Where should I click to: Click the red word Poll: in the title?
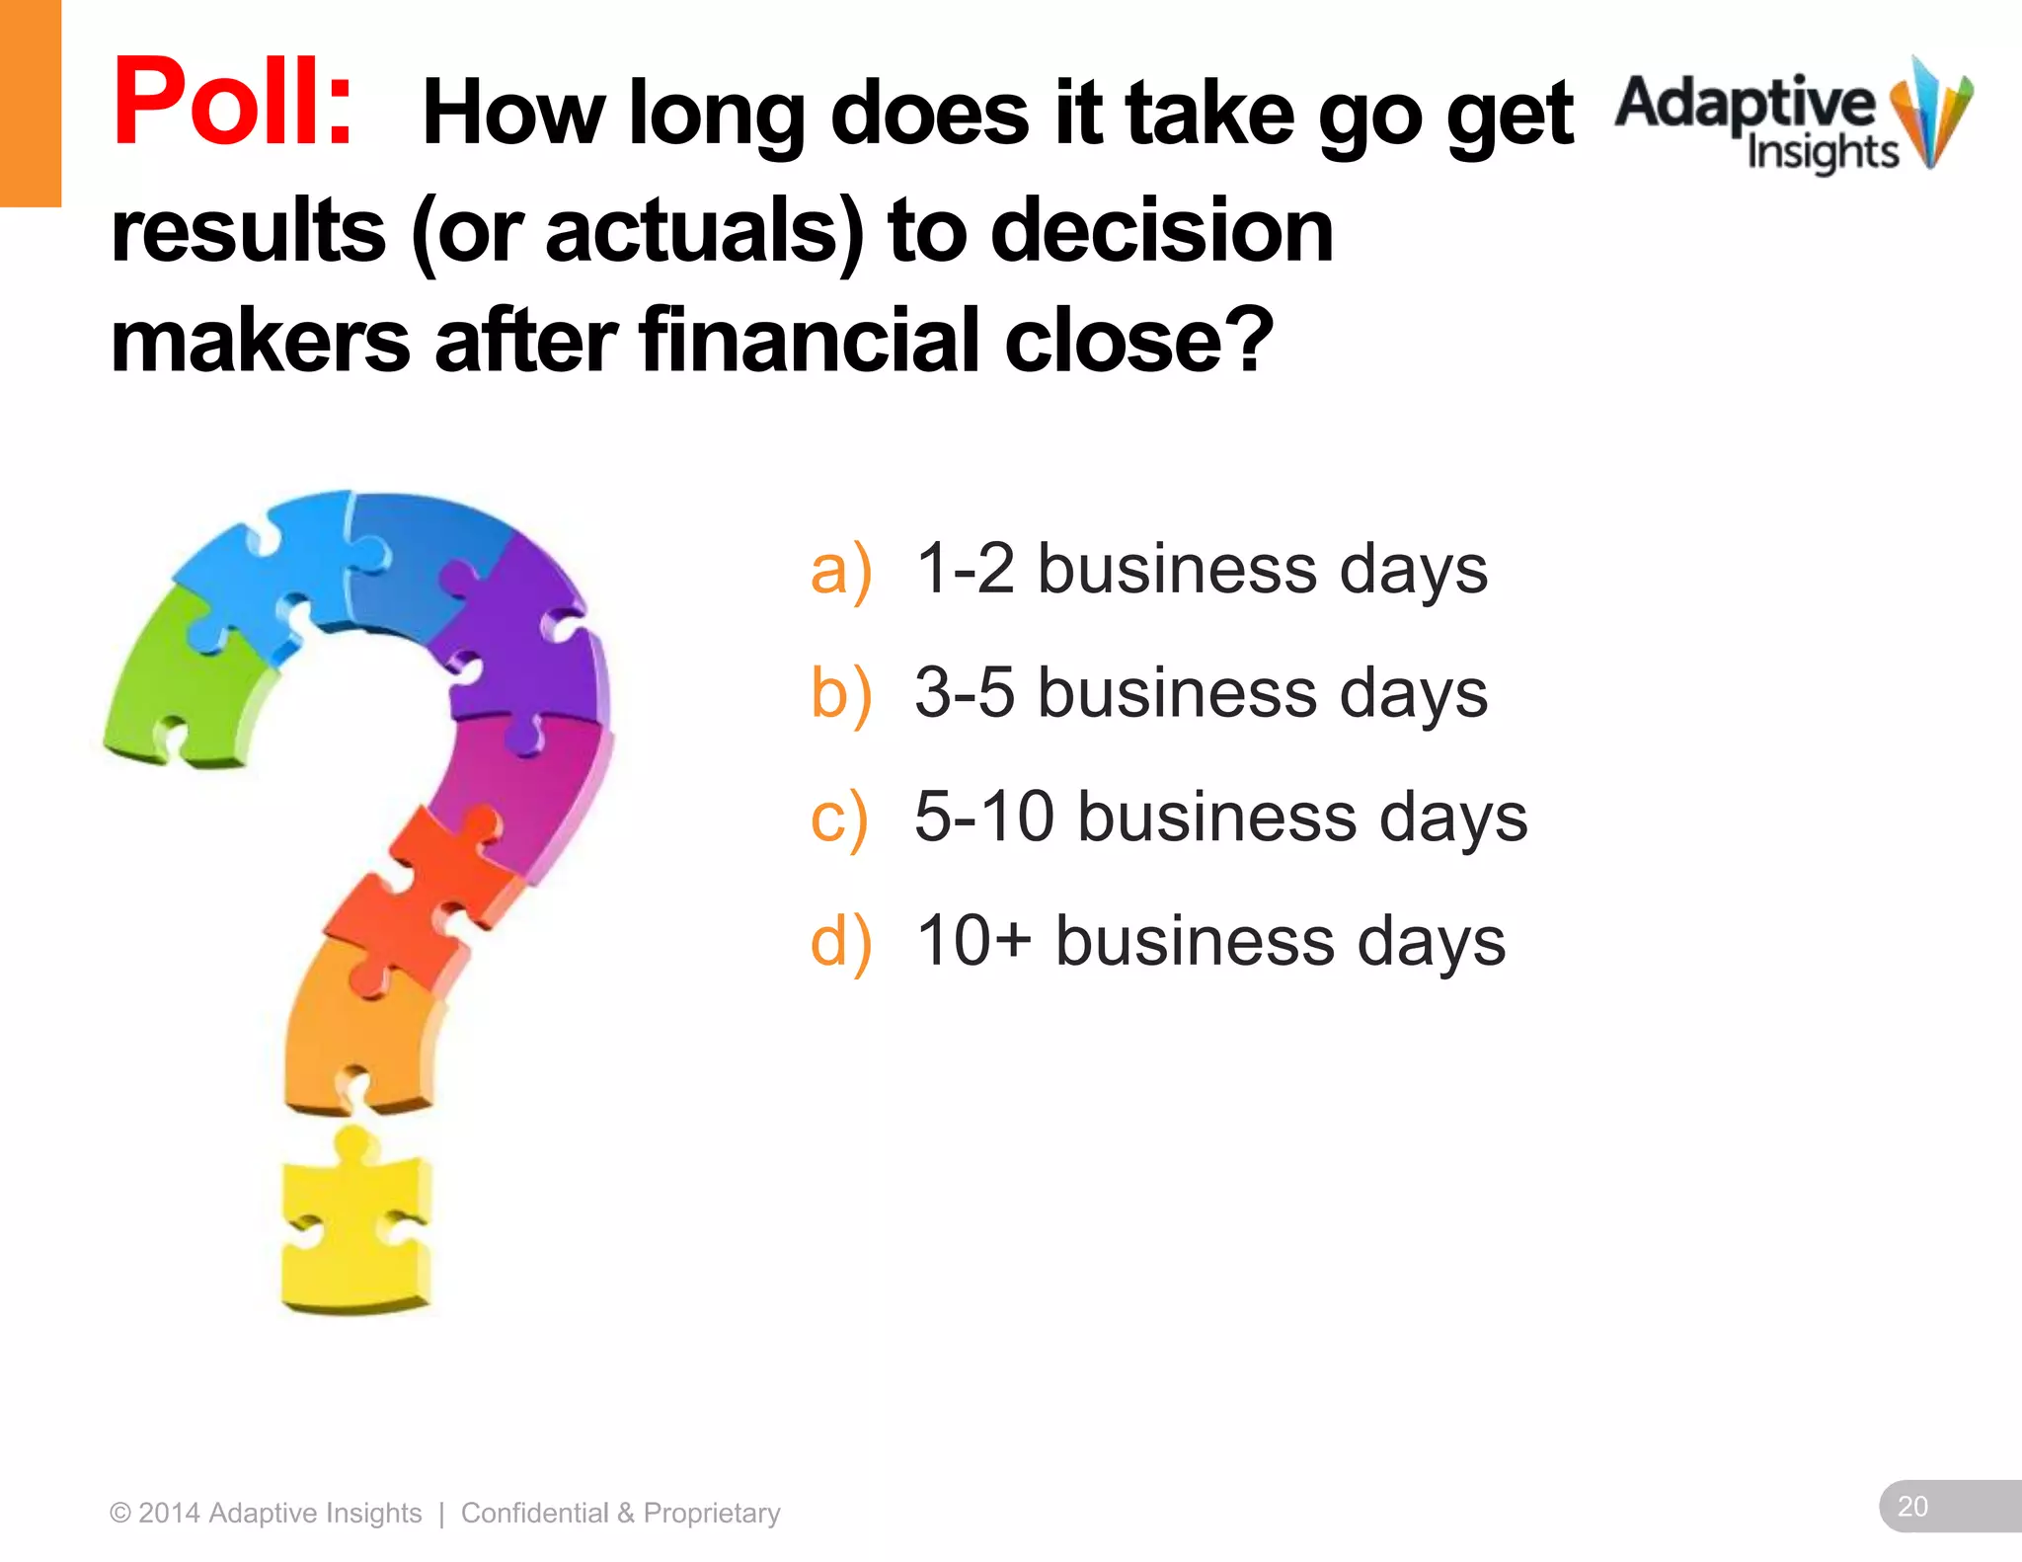coord(233,103)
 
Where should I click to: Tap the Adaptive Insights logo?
coord(1792,118)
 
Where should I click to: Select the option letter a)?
coord(840,571)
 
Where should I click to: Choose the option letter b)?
coord(840,693)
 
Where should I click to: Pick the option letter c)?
coord(838,818)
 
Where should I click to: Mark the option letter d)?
coord(840,941)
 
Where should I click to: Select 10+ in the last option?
coord(973,940)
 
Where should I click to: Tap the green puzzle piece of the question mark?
coord(183,681)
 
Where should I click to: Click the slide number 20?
coord(1912,1506)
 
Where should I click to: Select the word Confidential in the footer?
coord(534,1513)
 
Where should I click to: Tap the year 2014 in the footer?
coord(169,1513)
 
